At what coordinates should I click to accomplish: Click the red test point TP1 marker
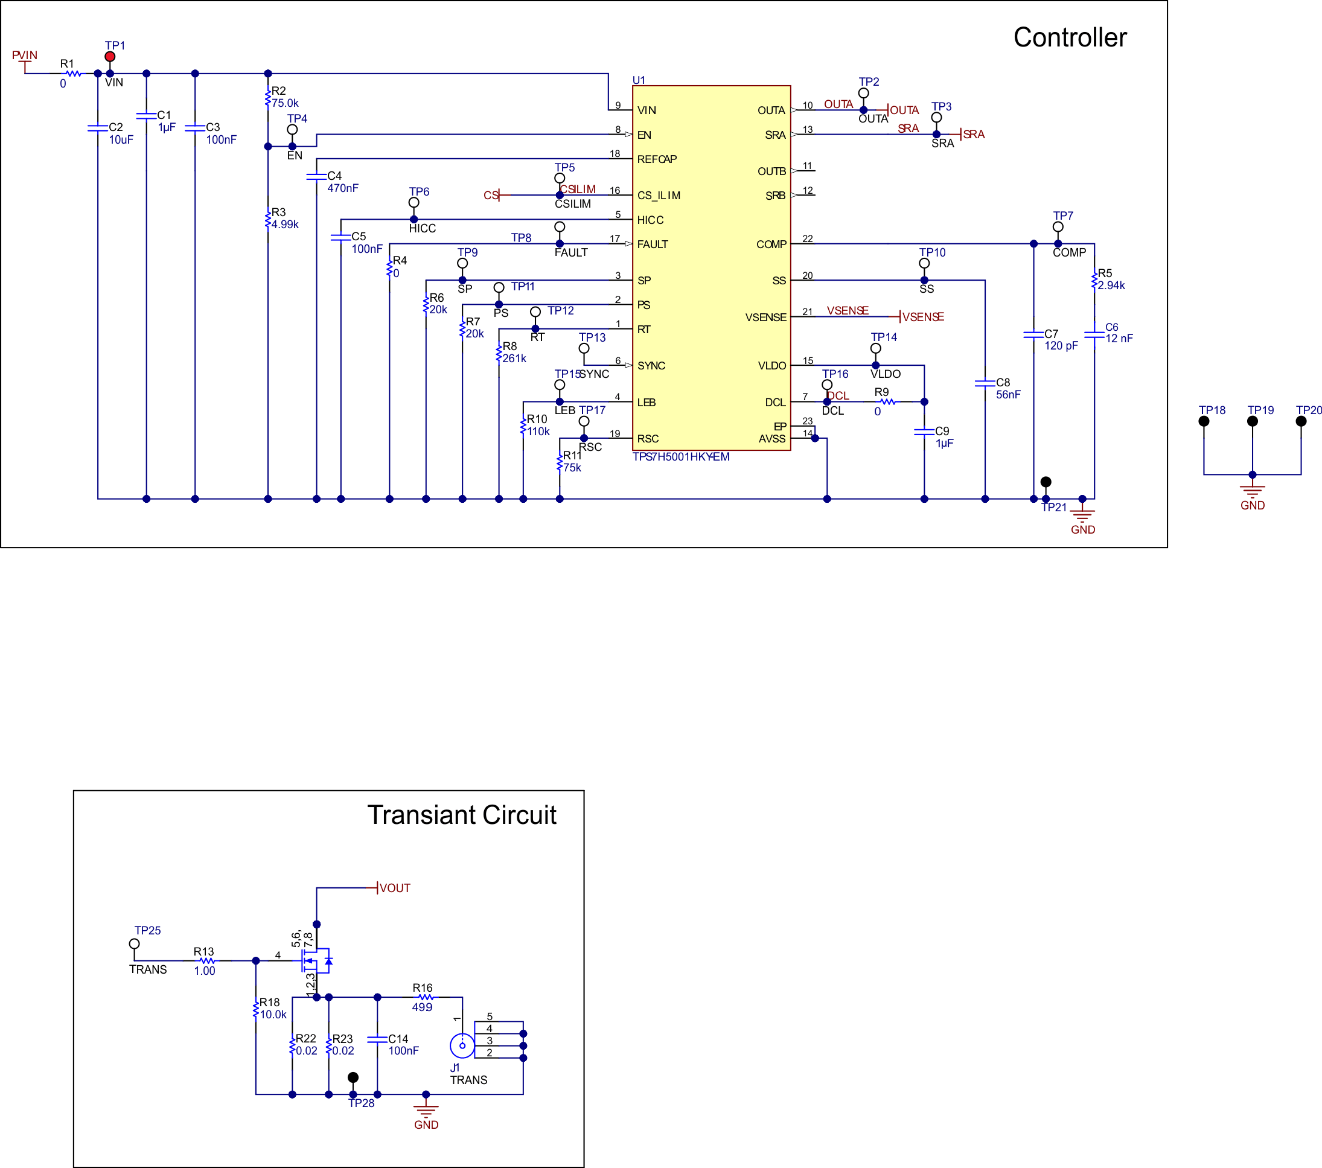coord(110,57)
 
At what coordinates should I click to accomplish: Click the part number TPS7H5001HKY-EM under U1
coord(680,456)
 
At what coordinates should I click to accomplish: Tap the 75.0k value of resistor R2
coord(284,103)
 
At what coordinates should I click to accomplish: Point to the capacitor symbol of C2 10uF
coord(98,128)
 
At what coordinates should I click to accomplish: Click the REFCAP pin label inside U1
coord(657,159)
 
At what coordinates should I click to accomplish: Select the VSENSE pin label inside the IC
coord(766,318)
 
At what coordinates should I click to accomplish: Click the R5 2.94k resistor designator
coord(1105,273)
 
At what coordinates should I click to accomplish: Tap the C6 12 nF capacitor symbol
coord(1094,334)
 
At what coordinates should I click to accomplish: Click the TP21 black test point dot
coord(1046,482)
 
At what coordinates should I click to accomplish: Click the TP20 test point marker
coord(1301,421)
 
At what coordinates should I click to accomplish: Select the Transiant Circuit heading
coord(461,815)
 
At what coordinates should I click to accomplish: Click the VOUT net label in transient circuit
coord(395,888)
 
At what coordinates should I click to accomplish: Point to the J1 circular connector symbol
coord(462,1045)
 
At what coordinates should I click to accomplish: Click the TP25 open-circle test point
coord(135,943)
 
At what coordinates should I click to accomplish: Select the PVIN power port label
coord(25,56)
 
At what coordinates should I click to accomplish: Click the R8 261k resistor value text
coord(514,359)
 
